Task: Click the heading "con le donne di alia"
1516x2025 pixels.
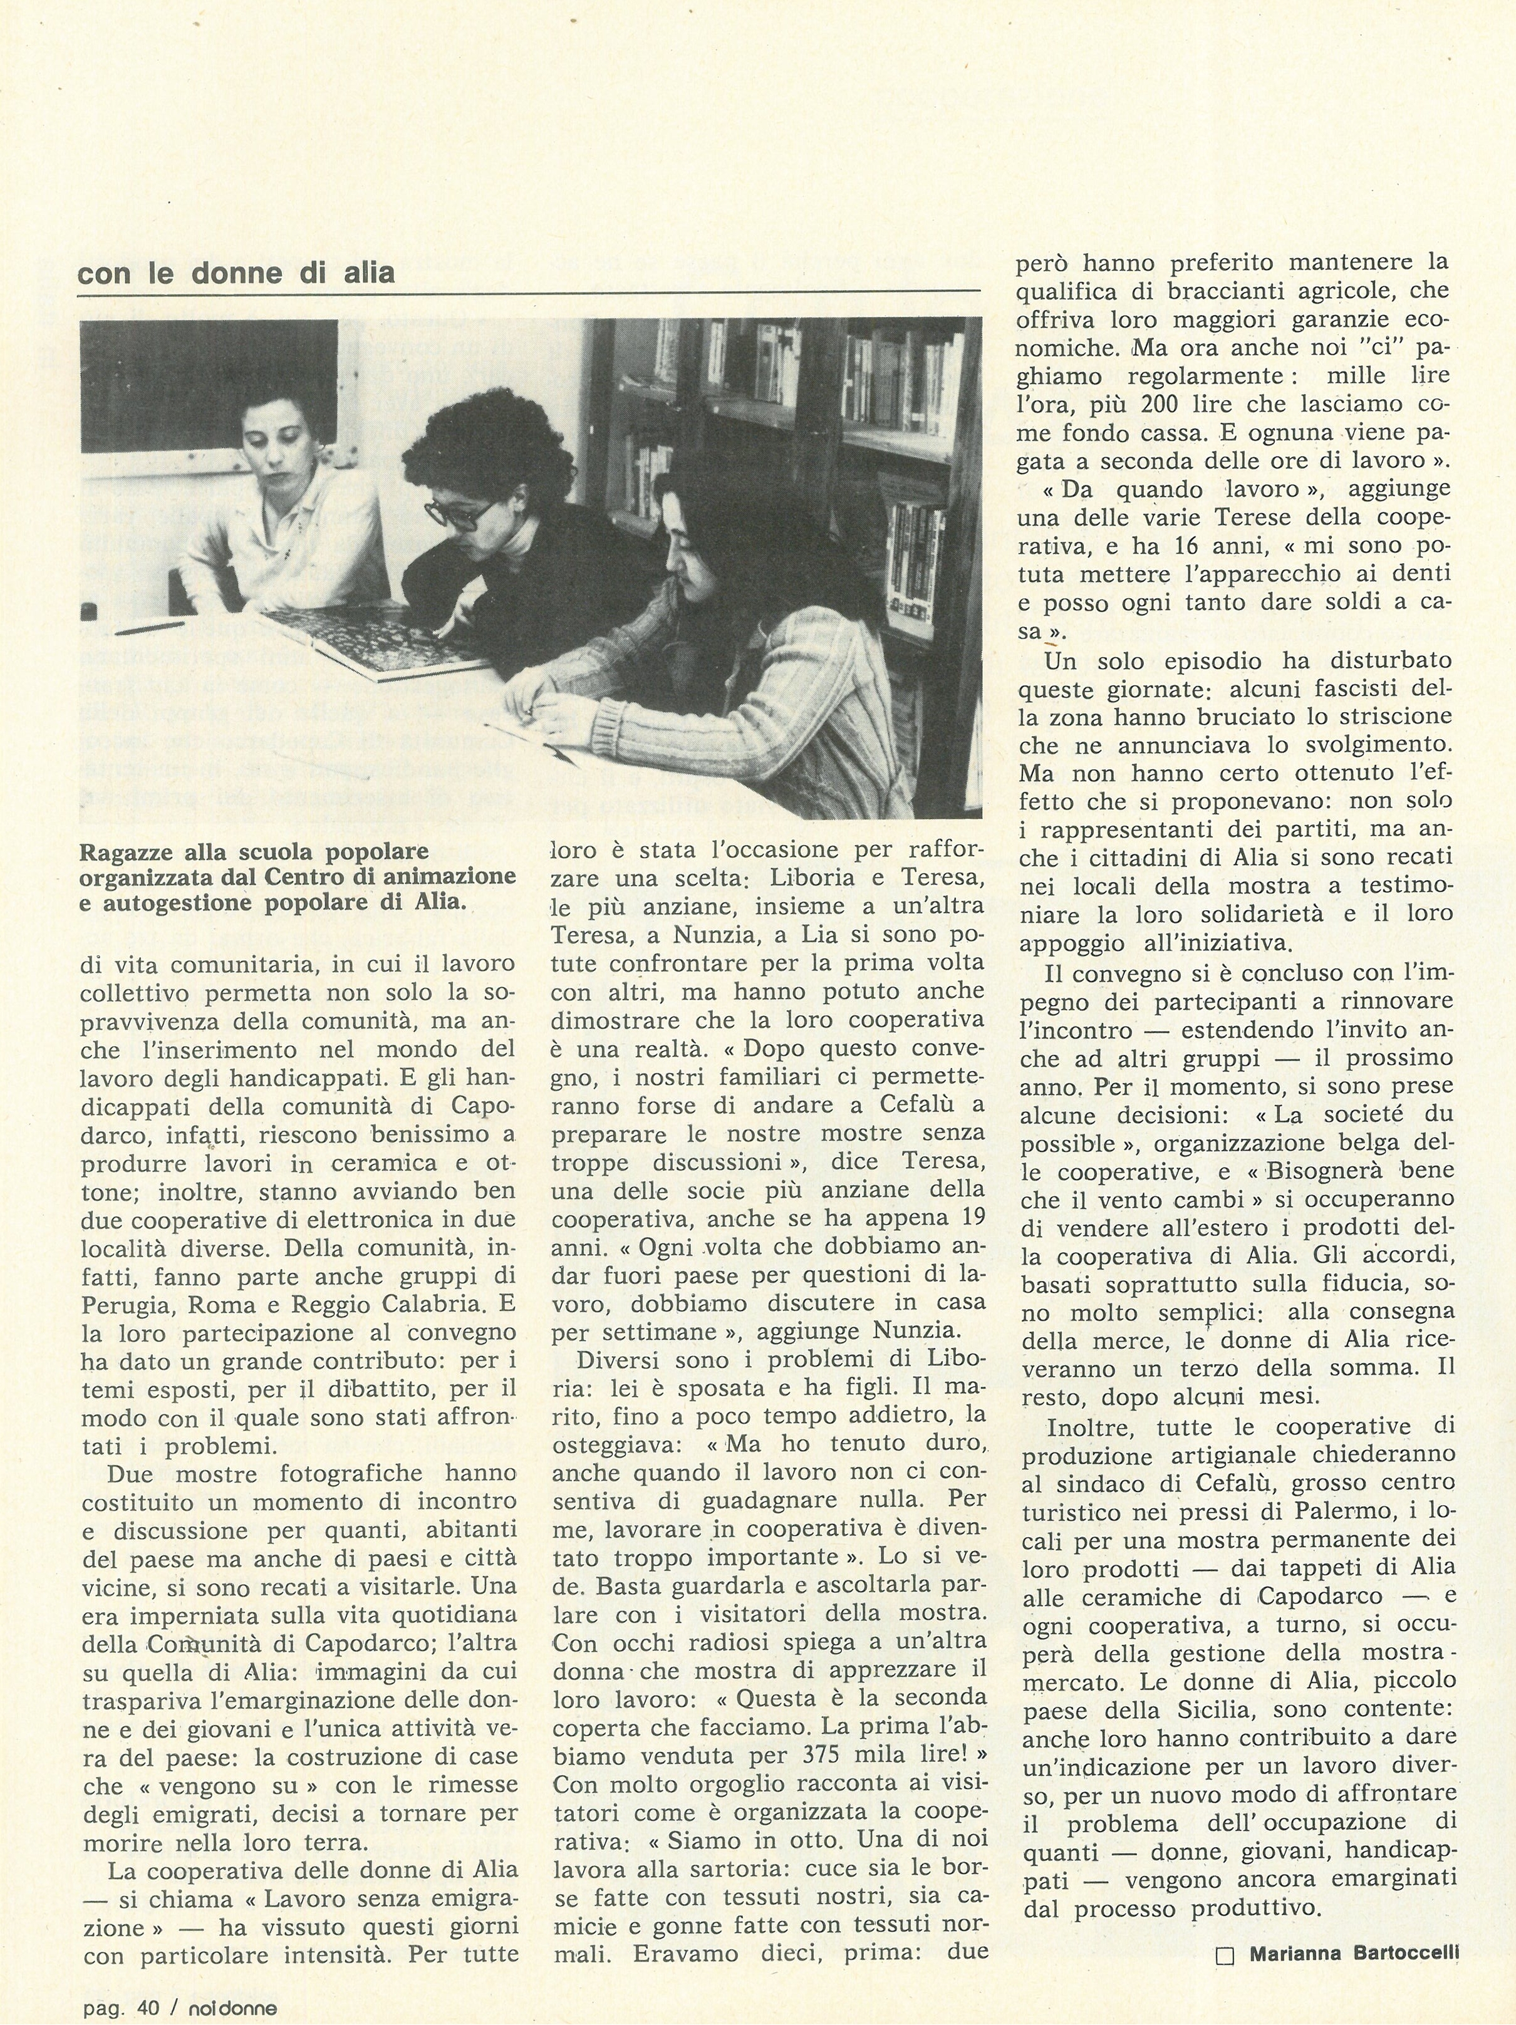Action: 236,273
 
